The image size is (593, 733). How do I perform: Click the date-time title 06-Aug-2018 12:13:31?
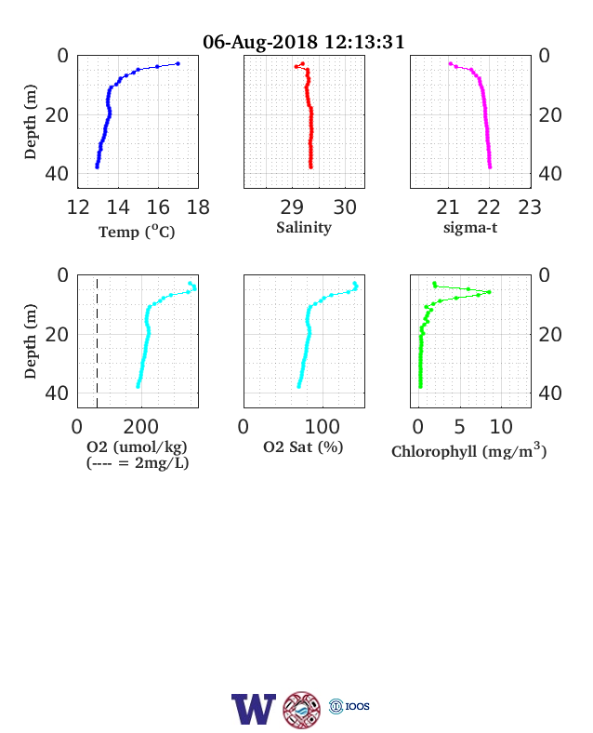pyautogui.click(x=304, y=42)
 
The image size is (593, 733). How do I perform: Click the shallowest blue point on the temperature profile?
pyautogui.click(x=178, y=63)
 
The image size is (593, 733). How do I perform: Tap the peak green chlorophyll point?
pyautogui.click(x=489, y=292)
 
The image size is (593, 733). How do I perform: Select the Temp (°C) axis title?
pyautogui.click(x=137, y=232)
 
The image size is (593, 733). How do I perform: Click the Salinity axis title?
pyautogui.click(x=304, y=228)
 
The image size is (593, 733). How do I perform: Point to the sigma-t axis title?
pyautogui.click(x=470, y=228)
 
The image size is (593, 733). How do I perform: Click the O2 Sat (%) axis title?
pyautogui.click(x=304, y=446)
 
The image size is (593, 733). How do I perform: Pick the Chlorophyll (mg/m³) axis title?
pyautogui.click(x=468, y=450)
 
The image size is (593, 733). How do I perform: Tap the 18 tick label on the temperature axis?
pyautogui.click(x=199, y=207)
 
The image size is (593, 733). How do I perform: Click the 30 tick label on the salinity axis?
pyautogui.click(x=345, y=207)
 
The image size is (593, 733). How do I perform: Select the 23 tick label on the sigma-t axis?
pyautogui.click(x=530, y=207)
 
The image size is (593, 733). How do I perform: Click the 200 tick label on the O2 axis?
pyautogui.click(x=141, y=427)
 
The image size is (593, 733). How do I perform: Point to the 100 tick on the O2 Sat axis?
pyautogui.click(x=323, y=427)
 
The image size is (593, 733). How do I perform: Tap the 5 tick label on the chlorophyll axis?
pyautogui.click(x=459, y=427)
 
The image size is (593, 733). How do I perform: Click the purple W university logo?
pyautogui.click(x=254, y=709)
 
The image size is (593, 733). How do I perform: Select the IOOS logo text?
pyautogui.click(x=358, y=706)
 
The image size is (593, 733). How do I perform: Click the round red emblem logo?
pyautogui.click(x=302, y=710)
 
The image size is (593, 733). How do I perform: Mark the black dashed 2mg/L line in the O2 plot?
pyautogui.click(x=97, y=343)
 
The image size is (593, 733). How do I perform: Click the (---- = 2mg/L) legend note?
pyautogui.click(x=138, y=463)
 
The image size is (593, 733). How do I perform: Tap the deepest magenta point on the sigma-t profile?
pyautogui.click(x=490, y=167)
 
